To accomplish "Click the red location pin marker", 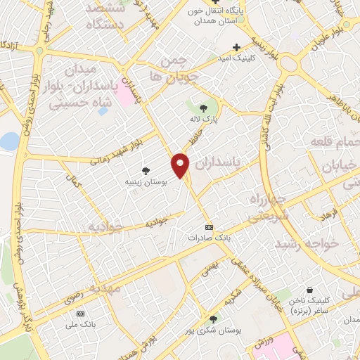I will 181,165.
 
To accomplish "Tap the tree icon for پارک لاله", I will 204,108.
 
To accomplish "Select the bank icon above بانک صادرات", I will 209,228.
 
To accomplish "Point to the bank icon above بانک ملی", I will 80,313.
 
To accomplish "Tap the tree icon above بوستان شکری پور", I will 213,318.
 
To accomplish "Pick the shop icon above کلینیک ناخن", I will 309,289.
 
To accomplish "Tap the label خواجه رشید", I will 307,243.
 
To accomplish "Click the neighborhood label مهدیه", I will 105,288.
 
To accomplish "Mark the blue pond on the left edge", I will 8,141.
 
